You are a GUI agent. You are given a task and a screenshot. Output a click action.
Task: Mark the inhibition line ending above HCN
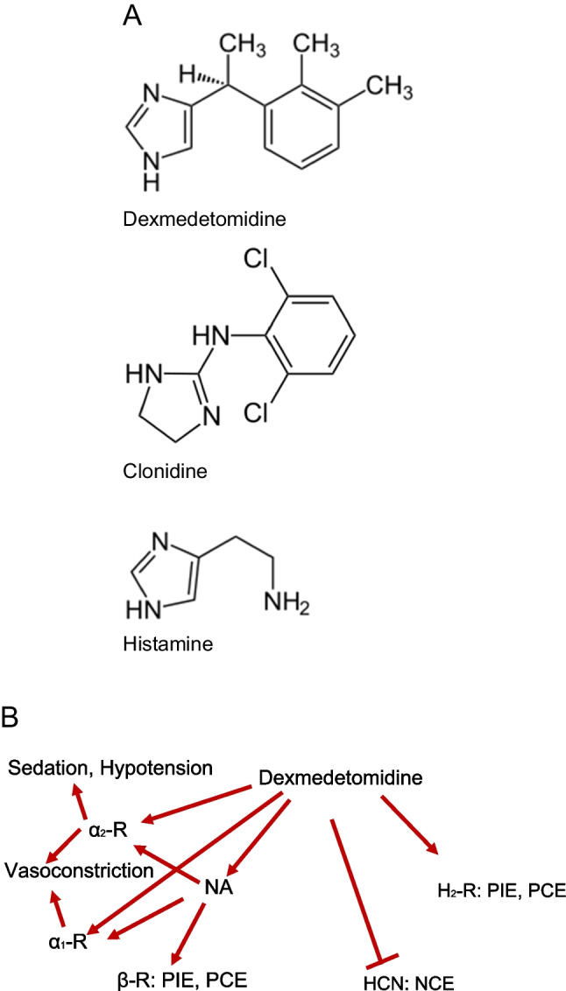click(359, 884)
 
